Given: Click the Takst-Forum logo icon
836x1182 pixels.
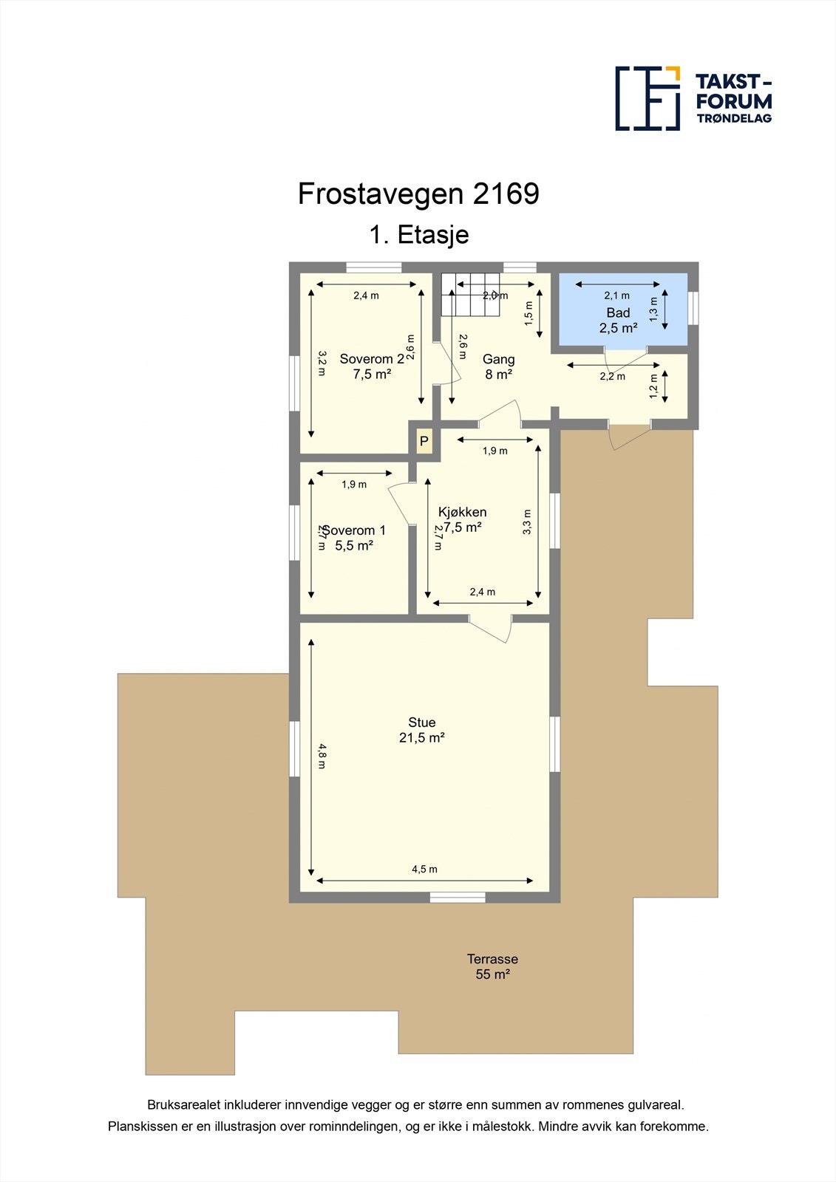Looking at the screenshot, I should tap(648, 98).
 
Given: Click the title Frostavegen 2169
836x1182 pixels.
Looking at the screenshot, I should tap(418, 194).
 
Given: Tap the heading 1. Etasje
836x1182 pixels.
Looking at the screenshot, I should tap(419, 235).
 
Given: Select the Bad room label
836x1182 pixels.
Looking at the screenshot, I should tap(618, 313).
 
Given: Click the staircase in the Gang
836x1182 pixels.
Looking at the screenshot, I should tap(471, 294).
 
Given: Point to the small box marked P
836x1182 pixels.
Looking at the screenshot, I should tap(424, 442).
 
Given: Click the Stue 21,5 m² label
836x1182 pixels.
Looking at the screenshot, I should tap(422, 730).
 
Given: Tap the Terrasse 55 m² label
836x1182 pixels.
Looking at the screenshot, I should tap(492, 966).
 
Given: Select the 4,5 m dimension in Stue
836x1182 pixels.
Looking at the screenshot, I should tap(424, 870).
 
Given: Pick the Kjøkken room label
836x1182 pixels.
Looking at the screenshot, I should tap(462, 512).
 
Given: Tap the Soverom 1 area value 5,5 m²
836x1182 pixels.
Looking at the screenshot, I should tap(353, 546).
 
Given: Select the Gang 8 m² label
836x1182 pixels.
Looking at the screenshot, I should tap(498, 366).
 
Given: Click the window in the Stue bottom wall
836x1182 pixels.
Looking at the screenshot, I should tap(458, 897).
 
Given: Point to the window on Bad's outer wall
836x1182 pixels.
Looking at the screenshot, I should tap(693, 308).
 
